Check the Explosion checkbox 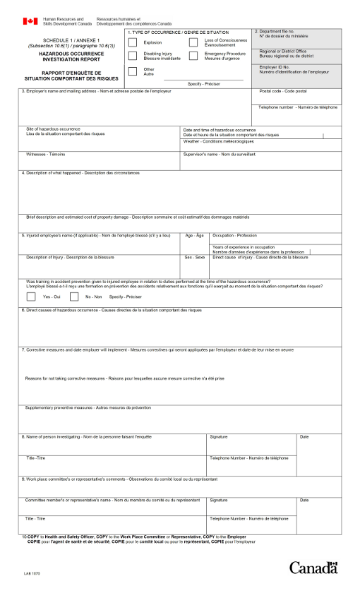[133, 42]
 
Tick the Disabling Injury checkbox [133, 55]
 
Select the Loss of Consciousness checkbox [193, 42]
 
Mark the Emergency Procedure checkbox [193, 55]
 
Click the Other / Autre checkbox [133, 71]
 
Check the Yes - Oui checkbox [32, 296]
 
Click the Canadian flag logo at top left [30, 22]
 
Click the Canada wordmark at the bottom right [313, 568]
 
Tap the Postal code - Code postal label [283, 91]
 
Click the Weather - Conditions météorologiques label [218, 141]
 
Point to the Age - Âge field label [194, 235]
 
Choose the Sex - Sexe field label [194, 258]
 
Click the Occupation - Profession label [235, 235]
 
